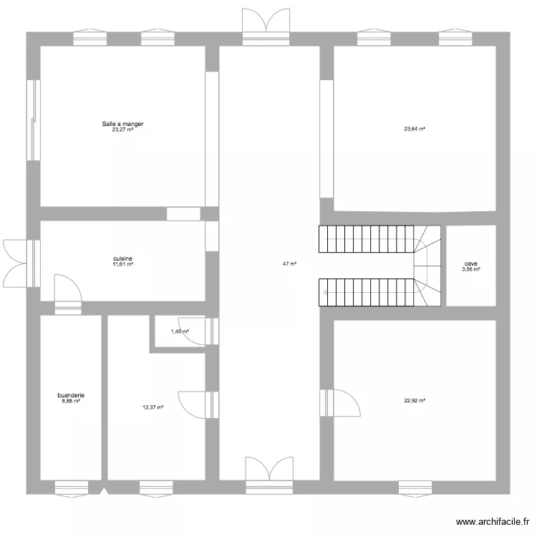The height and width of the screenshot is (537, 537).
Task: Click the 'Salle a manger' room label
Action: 122,124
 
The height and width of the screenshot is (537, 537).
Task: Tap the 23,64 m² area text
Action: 415,130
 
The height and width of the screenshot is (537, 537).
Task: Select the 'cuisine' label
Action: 122,258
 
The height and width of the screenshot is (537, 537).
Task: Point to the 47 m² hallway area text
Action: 289,263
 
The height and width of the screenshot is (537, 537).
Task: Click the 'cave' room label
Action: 470,263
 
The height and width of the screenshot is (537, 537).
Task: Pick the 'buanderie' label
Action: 71,395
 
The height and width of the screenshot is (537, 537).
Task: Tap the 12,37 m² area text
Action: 153,407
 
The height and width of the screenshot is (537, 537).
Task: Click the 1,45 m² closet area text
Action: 179,332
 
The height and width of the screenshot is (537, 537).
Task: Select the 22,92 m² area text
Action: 415,401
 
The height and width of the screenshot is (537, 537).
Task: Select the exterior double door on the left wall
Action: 18,263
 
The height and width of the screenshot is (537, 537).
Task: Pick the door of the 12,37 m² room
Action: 195,403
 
